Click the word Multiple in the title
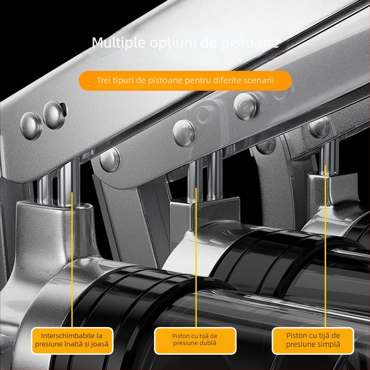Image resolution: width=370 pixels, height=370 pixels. point(118,43)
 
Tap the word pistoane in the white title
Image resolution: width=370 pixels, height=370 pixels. point(250,43)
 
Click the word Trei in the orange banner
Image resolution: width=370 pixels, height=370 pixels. point(104,80)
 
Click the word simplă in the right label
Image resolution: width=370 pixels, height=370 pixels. point(328,344)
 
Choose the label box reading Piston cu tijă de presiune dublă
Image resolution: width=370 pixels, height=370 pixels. point(195,340)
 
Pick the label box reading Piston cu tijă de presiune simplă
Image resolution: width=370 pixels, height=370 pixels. point(313,340)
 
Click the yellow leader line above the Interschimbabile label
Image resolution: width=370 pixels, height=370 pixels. point(72,259)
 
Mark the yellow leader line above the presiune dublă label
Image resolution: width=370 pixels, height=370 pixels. point(196,258)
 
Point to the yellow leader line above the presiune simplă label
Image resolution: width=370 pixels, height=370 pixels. point(325,247)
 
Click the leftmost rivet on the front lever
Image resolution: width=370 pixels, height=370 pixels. point(31,126)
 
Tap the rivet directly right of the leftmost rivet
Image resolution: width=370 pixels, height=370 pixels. point(54,115)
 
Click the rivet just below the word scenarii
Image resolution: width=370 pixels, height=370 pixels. point(246,106)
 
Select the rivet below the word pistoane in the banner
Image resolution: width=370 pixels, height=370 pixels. point(183,133)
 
